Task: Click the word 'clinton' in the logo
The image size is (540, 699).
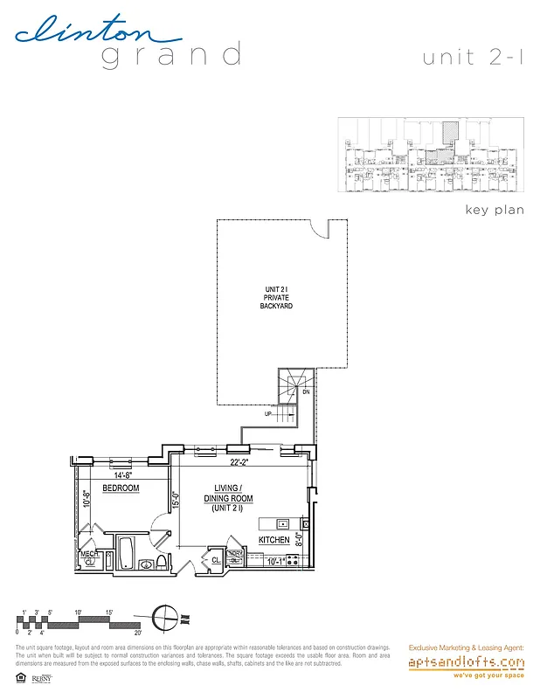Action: pos(96,33)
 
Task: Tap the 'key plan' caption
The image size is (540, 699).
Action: pos(495,211)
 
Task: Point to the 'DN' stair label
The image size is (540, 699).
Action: pos(306,392)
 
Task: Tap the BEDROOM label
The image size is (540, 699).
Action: pos(121,488)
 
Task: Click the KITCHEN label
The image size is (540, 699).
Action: pos(273,541)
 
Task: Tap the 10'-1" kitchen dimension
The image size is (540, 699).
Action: pos(277,562)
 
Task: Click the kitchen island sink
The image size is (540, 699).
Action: pos(283,523)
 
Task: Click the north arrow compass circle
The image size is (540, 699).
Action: pos(163,617)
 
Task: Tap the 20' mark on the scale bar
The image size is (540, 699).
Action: pos(138,632)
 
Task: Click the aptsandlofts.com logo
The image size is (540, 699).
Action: pos(466,663)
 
